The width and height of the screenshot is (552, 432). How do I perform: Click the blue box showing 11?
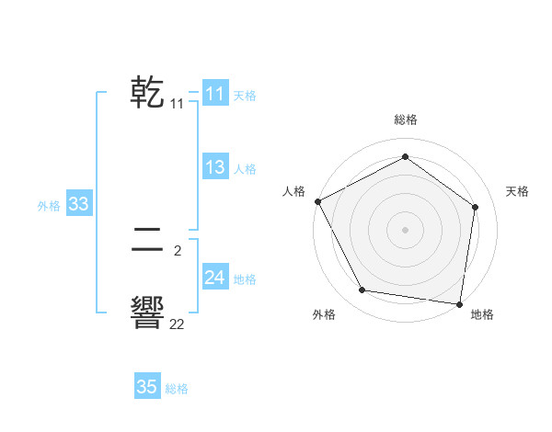click(x=214, y=94)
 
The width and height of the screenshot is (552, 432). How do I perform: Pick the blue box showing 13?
click(x=214, y=167)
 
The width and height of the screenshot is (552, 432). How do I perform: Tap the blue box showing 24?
click(x=214, y=278)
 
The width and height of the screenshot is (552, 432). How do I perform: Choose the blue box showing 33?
click(x=78, y=204)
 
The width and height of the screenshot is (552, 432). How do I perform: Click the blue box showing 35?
click(x=146, y=387)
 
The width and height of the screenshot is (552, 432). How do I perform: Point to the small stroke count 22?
click(x=177, y=324)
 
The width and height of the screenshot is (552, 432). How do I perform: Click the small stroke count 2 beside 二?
click(x=177, y=249)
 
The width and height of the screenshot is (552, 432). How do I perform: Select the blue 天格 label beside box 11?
click(x=245, y=95)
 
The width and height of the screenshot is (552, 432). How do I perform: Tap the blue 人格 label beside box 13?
click(x=245, y=169)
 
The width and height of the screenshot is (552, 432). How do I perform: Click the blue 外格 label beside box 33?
click(x=49, y=206)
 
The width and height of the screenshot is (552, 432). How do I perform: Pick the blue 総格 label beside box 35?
click(x=177, y=389)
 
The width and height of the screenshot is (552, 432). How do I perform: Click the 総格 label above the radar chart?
click(x=405, y=119)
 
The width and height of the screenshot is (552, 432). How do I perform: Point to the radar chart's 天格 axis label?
click(x=517, y=191)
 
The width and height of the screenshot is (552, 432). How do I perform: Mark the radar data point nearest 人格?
click(x=317, y=201)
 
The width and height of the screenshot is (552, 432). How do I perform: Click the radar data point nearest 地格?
click(x=459, y=303)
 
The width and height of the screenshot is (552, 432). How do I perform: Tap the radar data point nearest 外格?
click(x=362, y=290)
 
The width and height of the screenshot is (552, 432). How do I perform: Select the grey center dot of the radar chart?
click(x=405, y=229)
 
